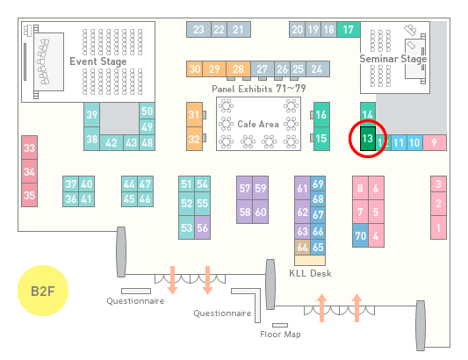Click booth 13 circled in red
click(x=368, y=139)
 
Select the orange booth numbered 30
click(x=194, y=69)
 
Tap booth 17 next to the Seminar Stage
click(x=349, y=30)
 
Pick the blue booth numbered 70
click(x=360, y=235)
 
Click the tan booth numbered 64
click(x=302, y=247)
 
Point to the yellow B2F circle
click(x=43, y=291)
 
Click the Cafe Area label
click(x=258, y=124)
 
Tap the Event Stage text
click(x=98, y=61)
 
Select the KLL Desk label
click(x=310, y=273)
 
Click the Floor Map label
click(x=280, y=334)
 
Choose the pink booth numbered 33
click(x=29, y=148)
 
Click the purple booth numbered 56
click(x=202, y=227)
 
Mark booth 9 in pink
click(x=435, y=143)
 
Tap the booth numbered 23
click(x=198, y=30)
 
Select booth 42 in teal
click(x=112, y=143)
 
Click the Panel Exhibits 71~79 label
click(x=259, y=89)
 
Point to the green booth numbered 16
click(x=321, y=114)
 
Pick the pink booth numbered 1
click(x=438, y=227)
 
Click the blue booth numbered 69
click(x=318, y=184)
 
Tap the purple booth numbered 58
click(x=244, y=212)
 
